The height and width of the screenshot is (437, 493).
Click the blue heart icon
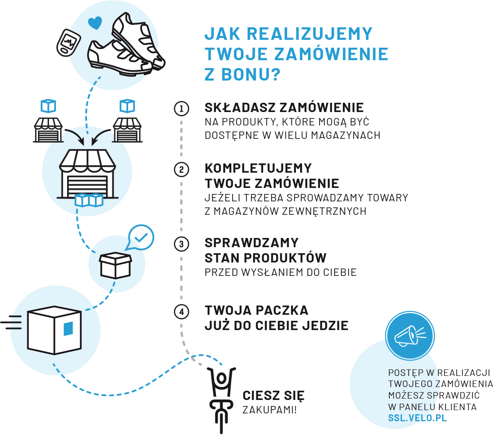point(95,23)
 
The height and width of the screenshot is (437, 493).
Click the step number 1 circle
point(181,109)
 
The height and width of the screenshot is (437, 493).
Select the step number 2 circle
point(181,169)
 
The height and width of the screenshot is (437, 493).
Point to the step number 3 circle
point(181,243)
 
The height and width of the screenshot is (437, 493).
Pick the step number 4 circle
point(181,312)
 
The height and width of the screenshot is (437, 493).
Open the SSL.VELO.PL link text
point(418,418)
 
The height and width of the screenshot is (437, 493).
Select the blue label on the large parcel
point(68,328)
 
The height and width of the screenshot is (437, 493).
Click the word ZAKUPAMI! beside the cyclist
point(270,410)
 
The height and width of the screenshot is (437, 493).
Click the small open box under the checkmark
point(116,264)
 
